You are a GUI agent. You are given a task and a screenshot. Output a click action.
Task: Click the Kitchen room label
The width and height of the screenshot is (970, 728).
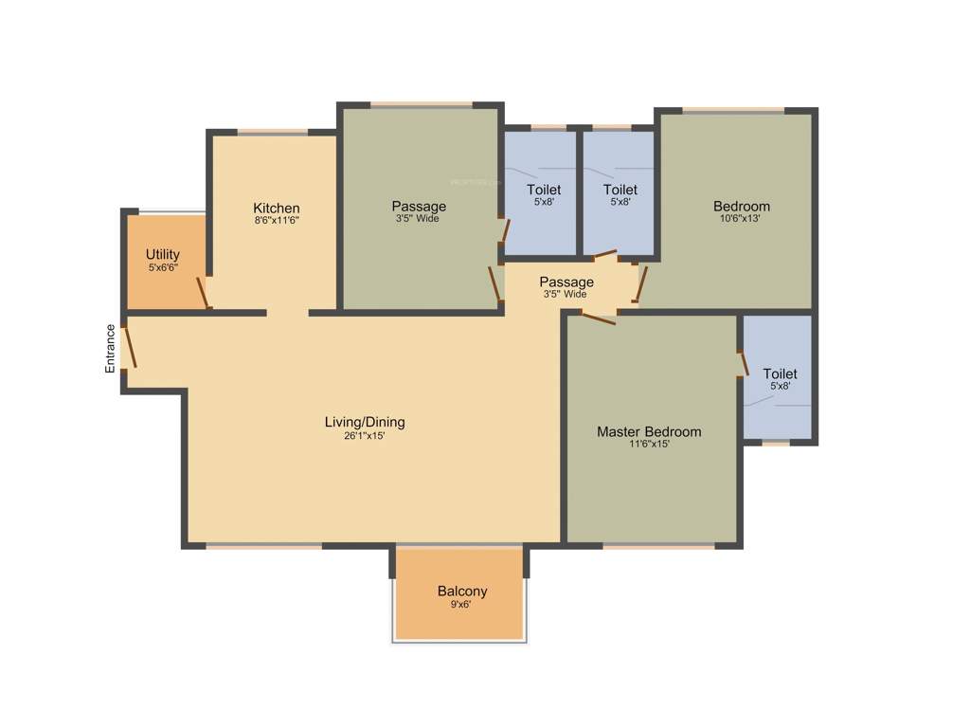pos(276,209)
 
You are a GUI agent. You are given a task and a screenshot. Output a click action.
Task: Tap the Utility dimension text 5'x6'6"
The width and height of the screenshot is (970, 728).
pos(162,268)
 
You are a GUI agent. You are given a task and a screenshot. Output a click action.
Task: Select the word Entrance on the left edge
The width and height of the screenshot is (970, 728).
pos(111,348)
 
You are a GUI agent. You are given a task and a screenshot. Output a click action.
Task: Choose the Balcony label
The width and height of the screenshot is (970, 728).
pos(462,591)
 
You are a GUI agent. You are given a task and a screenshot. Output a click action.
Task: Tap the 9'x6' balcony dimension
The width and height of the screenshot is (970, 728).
pos(461,605)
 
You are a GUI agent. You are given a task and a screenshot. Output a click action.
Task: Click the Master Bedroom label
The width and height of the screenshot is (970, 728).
pos(649,432)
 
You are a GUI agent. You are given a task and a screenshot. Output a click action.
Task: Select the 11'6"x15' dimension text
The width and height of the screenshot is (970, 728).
pos(649,445)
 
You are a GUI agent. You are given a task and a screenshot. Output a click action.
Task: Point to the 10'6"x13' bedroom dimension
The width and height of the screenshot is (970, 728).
pos(741,219)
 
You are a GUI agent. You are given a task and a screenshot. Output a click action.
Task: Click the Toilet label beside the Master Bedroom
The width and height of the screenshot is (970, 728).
pos(780,374)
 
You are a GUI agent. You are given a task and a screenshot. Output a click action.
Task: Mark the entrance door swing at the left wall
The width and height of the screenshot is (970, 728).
pos(130,346)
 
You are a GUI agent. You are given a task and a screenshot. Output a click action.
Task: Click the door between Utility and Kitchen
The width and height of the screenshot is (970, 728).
pos(203,292)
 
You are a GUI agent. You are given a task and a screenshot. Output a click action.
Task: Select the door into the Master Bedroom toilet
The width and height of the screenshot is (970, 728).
pos(744,363)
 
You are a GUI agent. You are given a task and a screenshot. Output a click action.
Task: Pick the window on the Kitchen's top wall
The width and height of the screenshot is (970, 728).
pos(272,133)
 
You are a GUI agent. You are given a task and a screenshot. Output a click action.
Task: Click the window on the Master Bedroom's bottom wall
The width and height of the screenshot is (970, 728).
pos(658,546)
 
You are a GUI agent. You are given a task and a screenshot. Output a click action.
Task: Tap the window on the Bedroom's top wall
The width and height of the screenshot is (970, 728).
pos(733,111)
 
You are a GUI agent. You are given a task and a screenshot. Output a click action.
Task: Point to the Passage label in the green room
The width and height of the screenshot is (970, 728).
pos(419,207)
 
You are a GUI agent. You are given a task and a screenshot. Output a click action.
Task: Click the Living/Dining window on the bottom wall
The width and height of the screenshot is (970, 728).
pos(263,546)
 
